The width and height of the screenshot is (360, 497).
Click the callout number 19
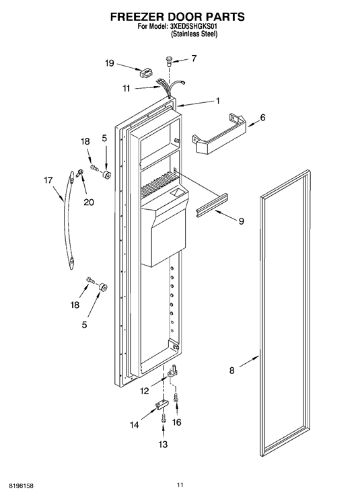(110, 63)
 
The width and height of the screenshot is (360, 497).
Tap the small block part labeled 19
(145, 73)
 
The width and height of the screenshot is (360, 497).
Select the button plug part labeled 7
(170, 61)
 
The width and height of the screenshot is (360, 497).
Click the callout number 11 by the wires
(127, 88)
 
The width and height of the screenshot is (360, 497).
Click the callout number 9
(242, 221)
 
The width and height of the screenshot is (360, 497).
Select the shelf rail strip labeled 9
(212, 205)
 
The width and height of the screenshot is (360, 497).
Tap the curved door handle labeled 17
(69, 221)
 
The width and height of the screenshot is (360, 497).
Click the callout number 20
(89, 202)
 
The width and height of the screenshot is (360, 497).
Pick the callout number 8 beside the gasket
(232, 370)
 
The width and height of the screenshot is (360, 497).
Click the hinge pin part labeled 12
(172, 371)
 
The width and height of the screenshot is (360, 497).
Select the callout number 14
(135, 425)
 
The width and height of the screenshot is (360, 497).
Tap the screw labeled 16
(176, 398)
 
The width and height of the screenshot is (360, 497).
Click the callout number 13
(163, 445)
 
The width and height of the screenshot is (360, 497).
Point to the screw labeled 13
(164, 418)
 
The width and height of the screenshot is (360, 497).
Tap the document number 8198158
(22, 486)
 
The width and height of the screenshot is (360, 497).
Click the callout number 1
(217, 101)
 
